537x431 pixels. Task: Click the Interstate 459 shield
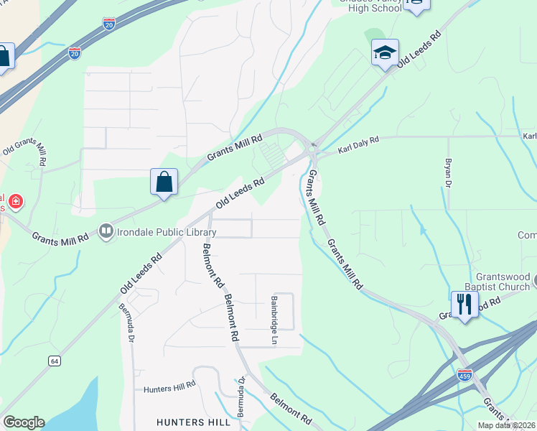464,375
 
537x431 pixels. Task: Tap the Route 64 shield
55,361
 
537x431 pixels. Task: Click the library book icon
106,231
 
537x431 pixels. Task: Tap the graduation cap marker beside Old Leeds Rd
385,53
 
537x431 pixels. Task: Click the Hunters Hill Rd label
169,389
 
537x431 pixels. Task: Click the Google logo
24,422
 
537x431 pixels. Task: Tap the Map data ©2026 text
506,425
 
